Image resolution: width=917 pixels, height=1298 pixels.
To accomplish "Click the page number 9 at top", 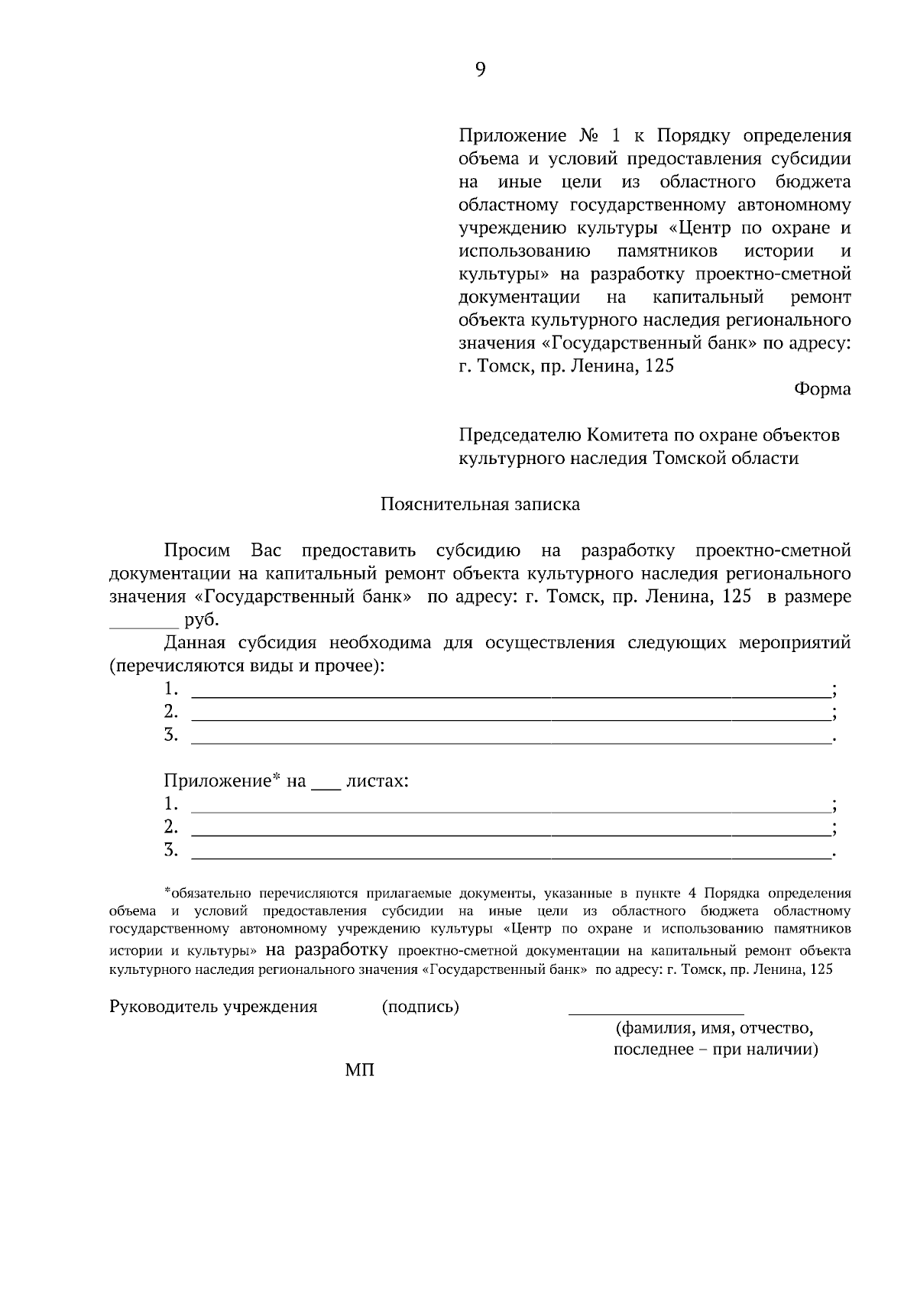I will pyautogui.click(x=480, y=70).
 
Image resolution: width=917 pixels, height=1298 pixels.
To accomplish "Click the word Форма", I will pyautogui.click(x=822, y=389).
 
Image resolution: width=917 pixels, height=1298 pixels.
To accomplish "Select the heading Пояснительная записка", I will pyautogui.click(x=480, y=505).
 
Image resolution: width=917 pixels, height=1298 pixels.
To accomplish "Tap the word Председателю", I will pyautogui.click(x=519, y=436).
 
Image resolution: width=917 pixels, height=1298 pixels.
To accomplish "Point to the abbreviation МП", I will pyautogui.click(x=360, y=1070).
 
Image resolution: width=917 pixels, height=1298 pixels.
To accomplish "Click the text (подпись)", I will pyautogui.click(x=420, y=1007).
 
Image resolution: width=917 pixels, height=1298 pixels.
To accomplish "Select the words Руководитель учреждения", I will pyautogui.click(x=213, y=1007).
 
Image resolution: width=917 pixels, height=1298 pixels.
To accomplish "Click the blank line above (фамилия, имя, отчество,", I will pyautogui.click(x=656, y=1011).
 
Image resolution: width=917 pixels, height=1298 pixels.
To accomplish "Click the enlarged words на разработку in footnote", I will pyautogui.click(x=326, y=951).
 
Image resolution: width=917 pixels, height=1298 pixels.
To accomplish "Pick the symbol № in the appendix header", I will pyautogui.click(x=588, y=137).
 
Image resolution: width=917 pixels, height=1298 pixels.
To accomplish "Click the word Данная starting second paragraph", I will pyautogui.click(x=194, y=643).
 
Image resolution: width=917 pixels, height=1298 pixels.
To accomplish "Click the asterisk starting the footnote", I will pyautogui.click(x=167, y=891).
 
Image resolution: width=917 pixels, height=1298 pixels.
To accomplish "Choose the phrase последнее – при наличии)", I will pyautogui.click(x=716, y=1050).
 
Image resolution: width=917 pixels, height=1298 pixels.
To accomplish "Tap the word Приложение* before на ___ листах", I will pyautogui.click(x=222, y=781).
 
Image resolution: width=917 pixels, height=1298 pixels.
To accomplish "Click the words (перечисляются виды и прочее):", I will pyautogui.click(x=247, y=666).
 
